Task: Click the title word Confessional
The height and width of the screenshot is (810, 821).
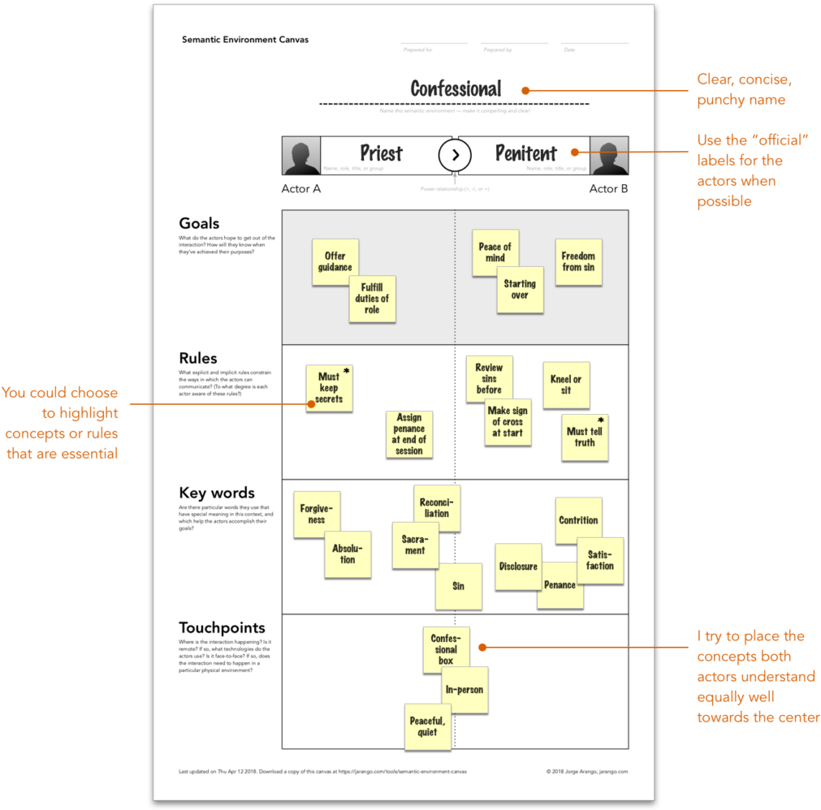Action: pos(456,88)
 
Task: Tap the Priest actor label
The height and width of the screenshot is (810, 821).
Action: pos(381,153)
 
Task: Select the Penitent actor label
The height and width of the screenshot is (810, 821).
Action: pos(526,153)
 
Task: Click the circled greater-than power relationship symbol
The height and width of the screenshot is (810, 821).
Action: pos(456,154)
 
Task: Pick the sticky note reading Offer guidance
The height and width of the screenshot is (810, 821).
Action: pos(335,261)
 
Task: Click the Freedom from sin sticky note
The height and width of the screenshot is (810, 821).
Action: pos(578,261)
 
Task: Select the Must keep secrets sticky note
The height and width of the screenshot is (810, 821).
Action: pos(329,388)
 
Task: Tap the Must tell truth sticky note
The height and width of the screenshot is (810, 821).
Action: pos(585,437)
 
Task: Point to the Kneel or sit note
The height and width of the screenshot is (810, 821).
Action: pos(565,385)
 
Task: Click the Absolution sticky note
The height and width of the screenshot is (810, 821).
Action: pos(348,554)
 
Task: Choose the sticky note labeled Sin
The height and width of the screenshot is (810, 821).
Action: pos(458,586)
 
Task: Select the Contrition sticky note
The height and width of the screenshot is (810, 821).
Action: pos(578,520)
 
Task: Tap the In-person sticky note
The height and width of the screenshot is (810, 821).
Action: pos(465,690)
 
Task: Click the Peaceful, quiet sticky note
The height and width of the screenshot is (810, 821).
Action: pos(427,726)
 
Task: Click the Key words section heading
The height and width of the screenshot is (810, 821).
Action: pos(216,493)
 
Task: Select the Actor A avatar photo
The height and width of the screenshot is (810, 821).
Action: pos(301,155)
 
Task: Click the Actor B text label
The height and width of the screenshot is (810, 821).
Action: pos(608,188)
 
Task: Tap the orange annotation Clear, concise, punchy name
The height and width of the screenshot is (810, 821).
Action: pos(744,89)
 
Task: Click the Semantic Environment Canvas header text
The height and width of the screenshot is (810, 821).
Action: pos(244,39)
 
